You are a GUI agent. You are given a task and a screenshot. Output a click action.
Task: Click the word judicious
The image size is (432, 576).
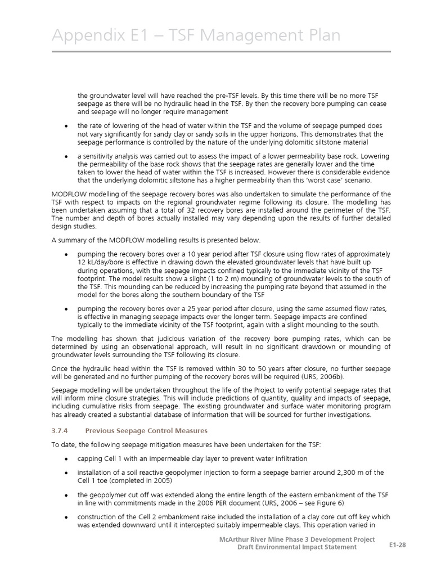click(146, 339)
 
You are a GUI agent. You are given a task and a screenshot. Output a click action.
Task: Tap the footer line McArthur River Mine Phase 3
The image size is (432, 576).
click(297, 539)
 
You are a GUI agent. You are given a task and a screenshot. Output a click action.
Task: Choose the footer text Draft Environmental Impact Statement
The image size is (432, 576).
click(296, 547)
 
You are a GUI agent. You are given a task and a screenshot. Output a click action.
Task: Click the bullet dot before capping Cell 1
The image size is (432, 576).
click(67, 458)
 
